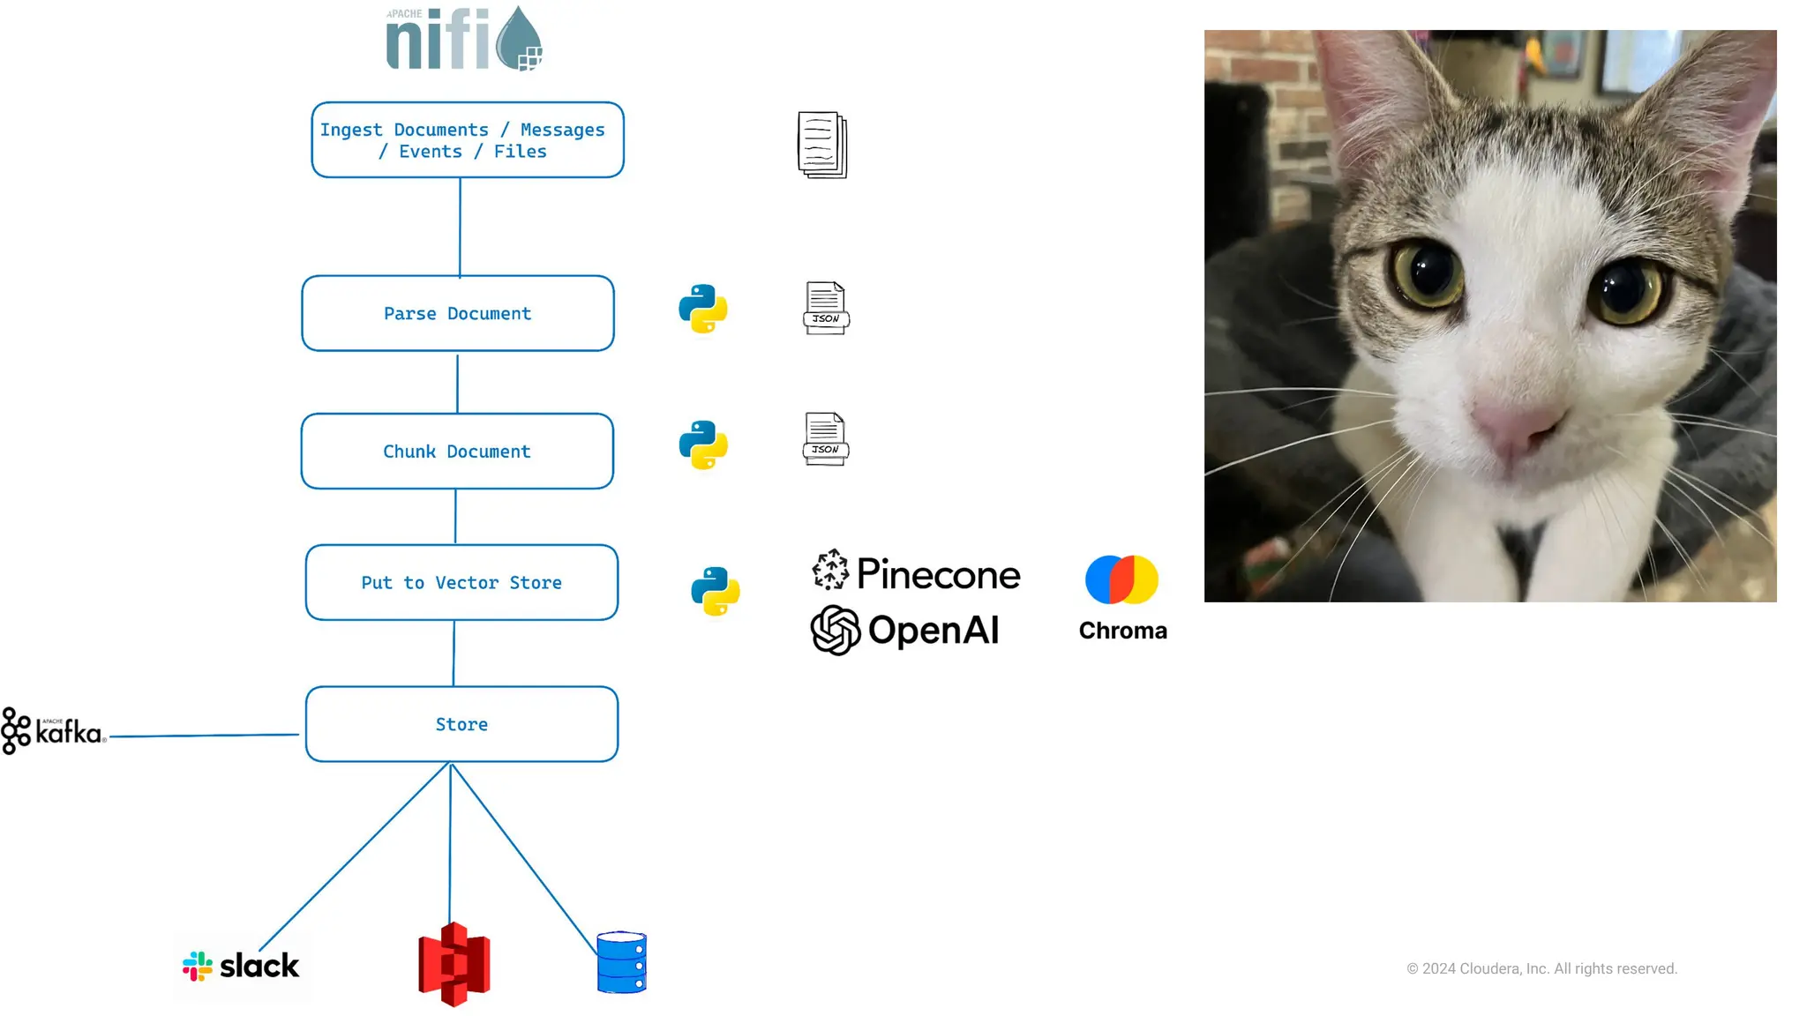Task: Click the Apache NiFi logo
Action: (x=464, y=39)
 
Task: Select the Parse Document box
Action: (x=458, y=314)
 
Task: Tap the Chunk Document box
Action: (x=457, y=452)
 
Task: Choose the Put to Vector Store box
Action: (x=461, y=583)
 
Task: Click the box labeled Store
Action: (x=461, y=724)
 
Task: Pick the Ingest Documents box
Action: (x=468, y=140)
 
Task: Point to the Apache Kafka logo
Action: (x=53, y=731)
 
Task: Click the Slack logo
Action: (x=241, y=967)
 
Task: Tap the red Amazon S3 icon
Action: (x=454, y=964)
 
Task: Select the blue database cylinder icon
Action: (x=622, y=962)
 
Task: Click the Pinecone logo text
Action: (x=938, y=574)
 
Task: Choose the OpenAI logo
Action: (x=905, y=631)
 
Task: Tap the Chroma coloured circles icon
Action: (x=1121, y=579)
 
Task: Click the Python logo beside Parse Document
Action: (x=703, y=309)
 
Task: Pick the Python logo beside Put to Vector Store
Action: (x=716, y=591)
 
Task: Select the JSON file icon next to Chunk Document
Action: (x=826, y=439)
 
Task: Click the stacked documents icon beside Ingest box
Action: (x=822, y=145)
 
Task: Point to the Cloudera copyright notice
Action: (x=1541, y=968)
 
